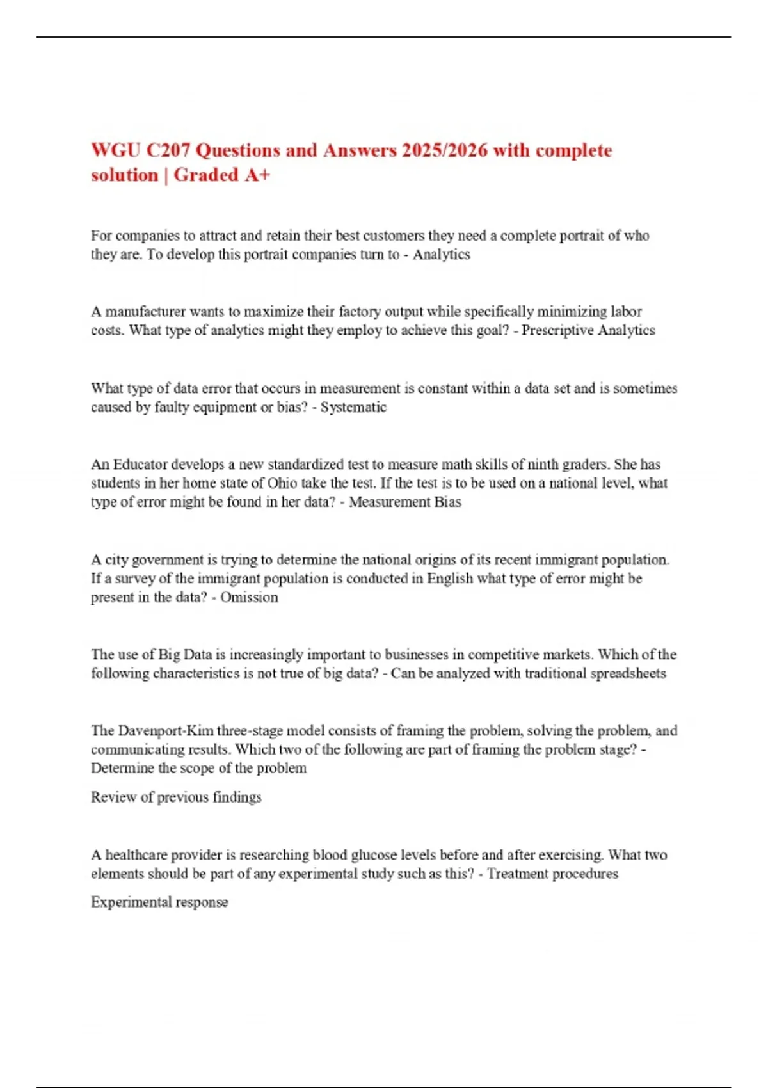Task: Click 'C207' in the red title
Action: (168, 150)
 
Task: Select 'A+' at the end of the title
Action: (257, 175)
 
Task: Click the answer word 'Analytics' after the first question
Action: (441, 255)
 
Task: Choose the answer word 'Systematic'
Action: (353, 407)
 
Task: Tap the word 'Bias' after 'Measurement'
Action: (447, 502)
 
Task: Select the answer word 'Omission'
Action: (249, 597)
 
